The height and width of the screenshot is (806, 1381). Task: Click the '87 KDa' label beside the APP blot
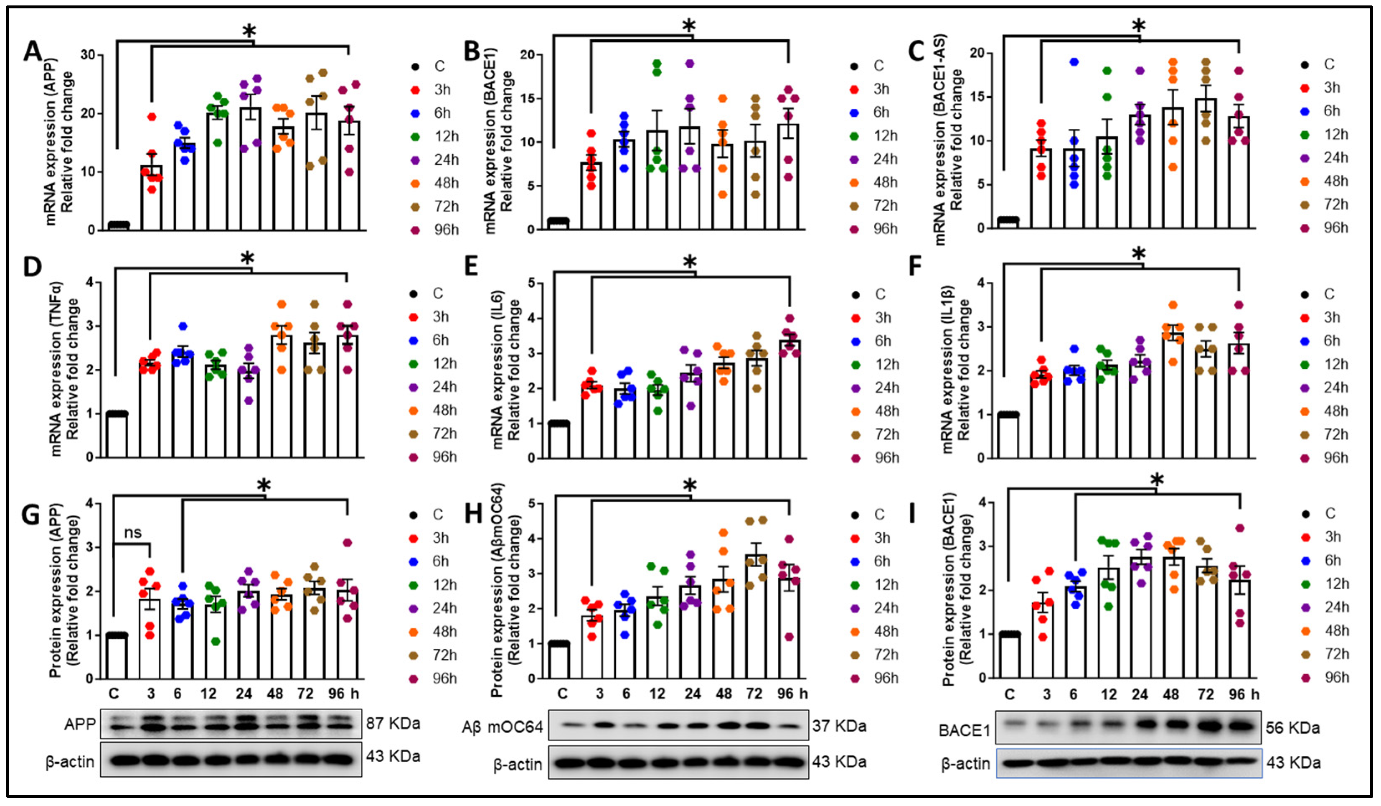pyautogui.click(x=393, y=723)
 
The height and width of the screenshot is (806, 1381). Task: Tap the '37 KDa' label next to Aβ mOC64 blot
pyautogui.click(x=839, y=727)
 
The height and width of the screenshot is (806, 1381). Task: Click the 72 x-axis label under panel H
pyautogui.click(x=754, y=694)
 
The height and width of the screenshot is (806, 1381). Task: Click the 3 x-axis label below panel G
pyautogui.click(x=151, y=694)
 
